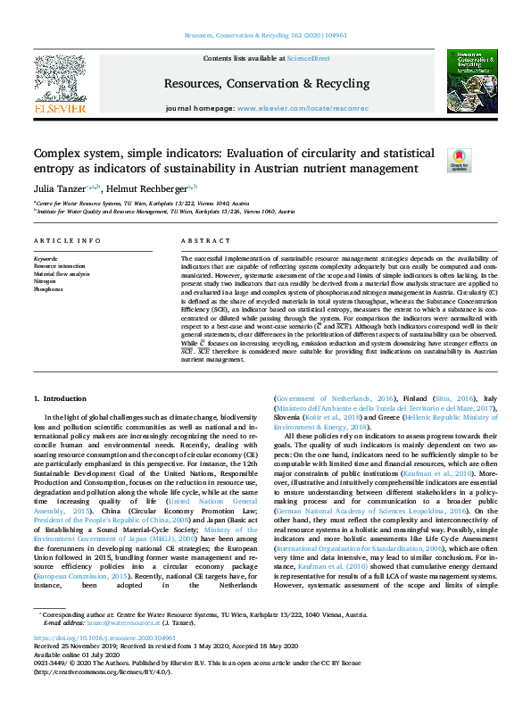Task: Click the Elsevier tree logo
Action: (x=60, y=77)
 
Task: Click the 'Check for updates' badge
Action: (x=458, y=159)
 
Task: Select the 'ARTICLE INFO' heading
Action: (x=61, y=241)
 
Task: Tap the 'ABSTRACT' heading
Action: (x=206, y=241)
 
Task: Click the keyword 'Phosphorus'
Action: (x=48, y=289)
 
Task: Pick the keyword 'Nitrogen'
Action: (x=45, y=281)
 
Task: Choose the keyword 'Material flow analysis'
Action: (x=60, y=273)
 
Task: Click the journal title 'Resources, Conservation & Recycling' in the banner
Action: (x=267, y=84)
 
